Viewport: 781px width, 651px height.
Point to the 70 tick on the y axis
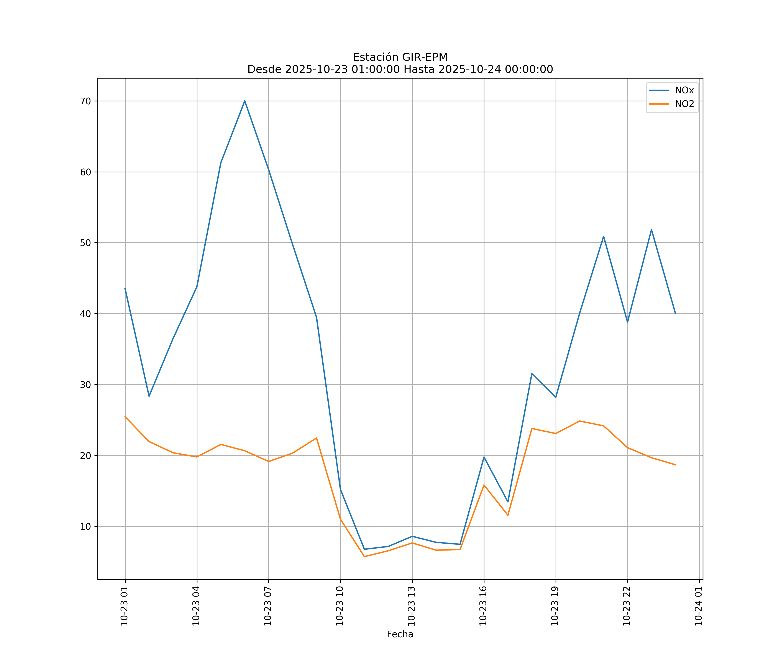point(85,101)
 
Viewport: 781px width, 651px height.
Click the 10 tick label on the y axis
point(85,526)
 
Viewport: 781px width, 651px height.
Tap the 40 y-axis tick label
point(85,314)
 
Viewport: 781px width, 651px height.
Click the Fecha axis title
point(400,634)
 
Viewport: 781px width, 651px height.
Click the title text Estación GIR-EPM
point(400,57)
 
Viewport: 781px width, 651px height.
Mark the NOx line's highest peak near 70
point(245,101)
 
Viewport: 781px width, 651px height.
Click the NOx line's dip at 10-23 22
point(627,322)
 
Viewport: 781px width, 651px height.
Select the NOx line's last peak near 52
point(651,230)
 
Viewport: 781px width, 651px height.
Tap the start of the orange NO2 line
point(125,417)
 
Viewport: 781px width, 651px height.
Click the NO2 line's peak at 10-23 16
point(484,485)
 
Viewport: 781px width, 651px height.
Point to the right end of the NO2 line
point(675,465)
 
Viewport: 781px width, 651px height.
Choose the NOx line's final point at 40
point(675,314)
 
